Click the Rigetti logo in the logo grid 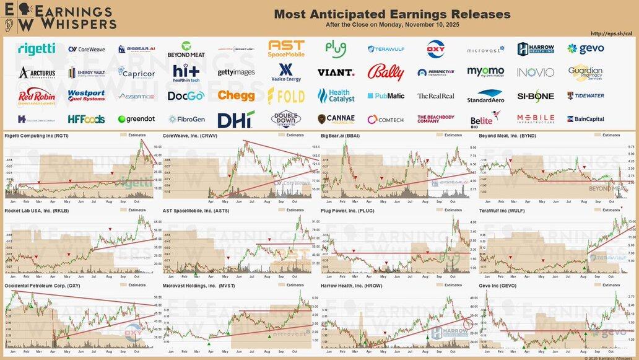[x=37, y=48]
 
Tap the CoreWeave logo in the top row [x=87, y=49]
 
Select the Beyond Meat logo [x=185, y=49]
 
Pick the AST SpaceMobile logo [x=286, y=48]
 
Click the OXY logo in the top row [x=435, y=48]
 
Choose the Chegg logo [x=236, y=95]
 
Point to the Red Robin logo [x=37, y=95]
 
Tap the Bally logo [x=385, y=72]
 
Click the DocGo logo [x=185, y=95]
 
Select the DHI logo [x=236, y=118]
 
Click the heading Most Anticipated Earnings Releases [x=392, y=14]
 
